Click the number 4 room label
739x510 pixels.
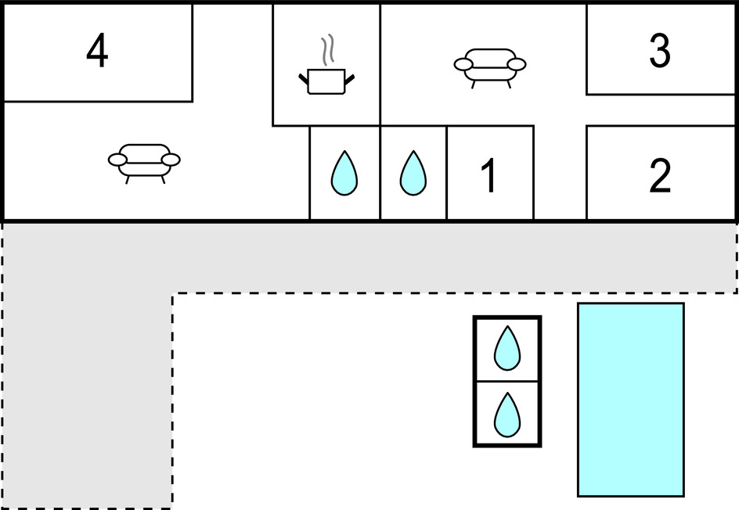tap(97, 52)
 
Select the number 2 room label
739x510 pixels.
tap(660, 176)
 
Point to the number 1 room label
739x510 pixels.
tap(488, 175)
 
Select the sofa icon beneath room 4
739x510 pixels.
tap(144, 159)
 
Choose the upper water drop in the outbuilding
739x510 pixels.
tap(507, 348)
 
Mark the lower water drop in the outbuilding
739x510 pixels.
tap(507, 415)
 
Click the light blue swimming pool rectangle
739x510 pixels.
tap(630, 399)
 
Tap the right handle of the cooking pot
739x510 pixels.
tap(349, 76)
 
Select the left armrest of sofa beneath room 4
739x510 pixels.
tap(117, 160)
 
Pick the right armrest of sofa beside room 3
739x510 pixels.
tap(517, 63)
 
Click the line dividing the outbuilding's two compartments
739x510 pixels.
tap(507, 382)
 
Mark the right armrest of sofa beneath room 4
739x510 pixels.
tap(171, 160)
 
